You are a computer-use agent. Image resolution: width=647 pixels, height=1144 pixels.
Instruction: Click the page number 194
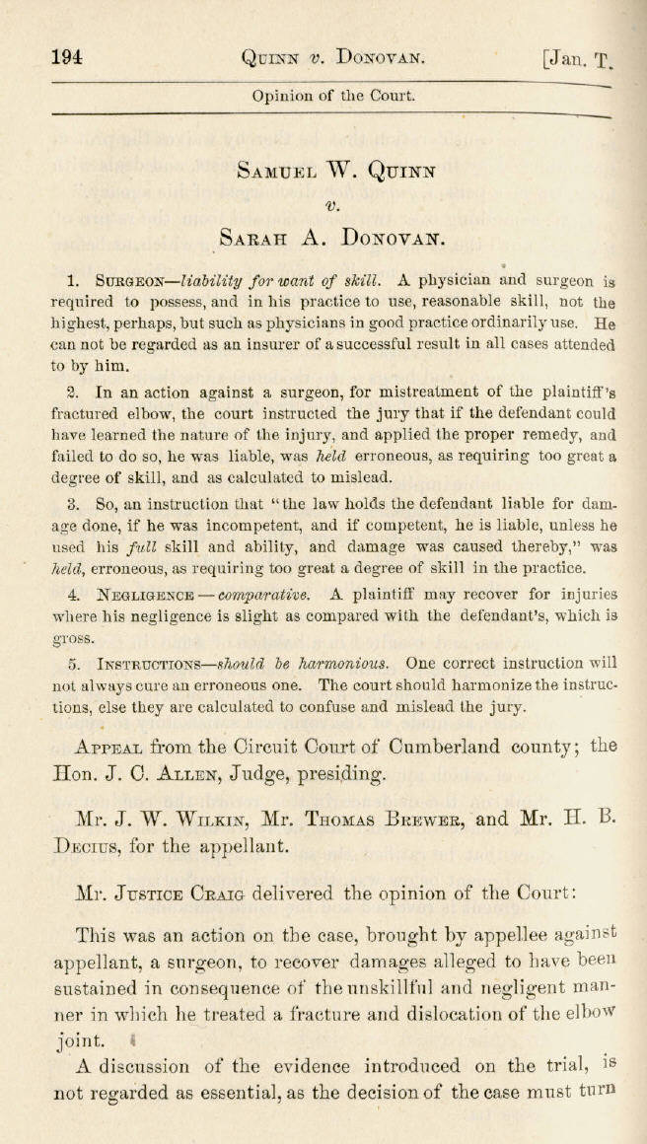(65, 56)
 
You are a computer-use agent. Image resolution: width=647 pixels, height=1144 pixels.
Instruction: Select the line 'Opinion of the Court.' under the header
(333, 96)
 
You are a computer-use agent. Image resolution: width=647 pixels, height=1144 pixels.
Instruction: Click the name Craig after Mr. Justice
(208, 895)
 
